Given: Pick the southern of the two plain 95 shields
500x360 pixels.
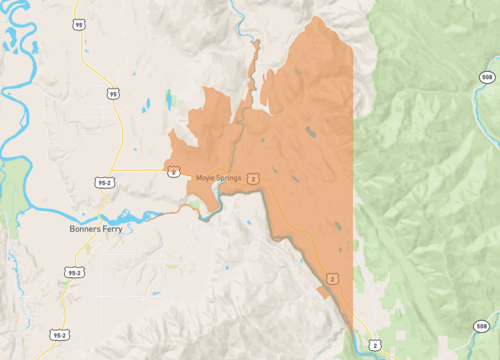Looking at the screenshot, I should (113, 94).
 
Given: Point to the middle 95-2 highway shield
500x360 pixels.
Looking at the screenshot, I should (74, 271).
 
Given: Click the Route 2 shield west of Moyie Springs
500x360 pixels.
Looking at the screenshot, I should (174, 171).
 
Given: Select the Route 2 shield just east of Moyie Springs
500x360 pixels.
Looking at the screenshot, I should (254, 178).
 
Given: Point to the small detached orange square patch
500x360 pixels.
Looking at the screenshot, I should (322, 291).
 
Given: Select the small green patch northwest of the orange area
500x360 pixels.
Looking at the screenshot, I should (169, 99).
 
